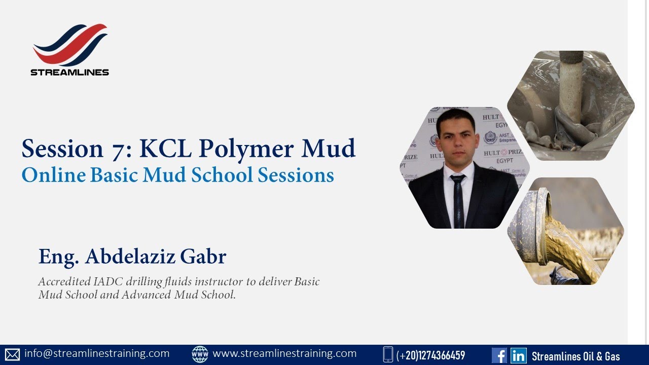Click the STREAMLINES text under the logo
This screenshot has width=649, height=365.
(x=70, y=72)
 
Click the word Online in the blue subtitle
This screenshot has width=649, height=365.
(x=53, y=175)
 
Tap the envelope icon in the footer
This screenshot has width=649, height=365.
(x=12, y=354)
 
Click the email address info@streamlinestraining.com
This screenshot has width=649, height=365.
(x=97, y=353)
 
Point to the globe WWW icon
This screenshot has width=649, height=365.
(x=200, y=354)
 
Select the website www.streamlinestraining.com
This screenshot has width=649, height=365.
(x=284, y=353)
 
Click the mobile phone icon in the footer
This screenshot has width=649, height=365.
(x=388, y=354)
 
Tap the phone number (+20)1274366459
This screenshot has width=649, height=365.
(x=430, y=355)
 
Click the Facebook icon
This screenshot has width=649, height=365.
(x=499, y=355)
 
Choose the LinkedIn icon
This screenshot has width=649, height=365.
(x=518, y=355)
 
